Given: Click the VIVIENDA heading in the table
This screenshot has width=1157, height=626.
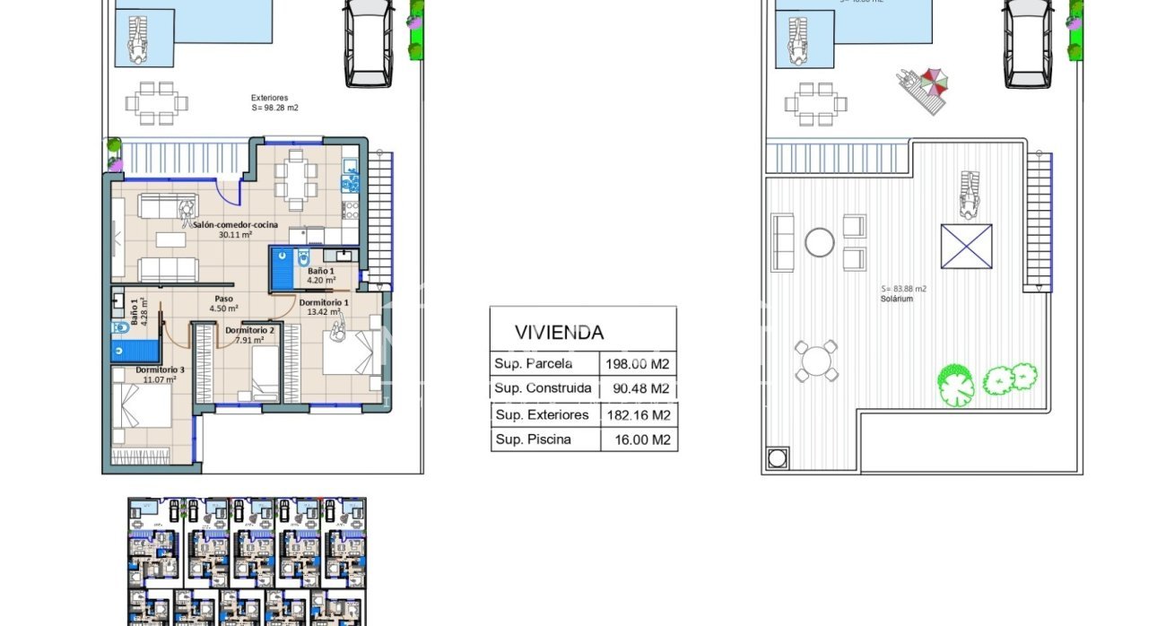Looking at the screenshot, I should point(559,332).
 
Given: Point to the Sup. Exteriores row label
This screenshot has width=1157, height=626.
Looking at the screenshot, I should point(542,415).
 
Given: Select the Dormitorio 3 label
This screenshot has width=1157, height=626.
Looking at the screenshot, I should point(161,370).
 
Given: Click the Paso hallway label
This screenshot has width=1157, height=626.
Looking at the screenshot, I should point(223,300).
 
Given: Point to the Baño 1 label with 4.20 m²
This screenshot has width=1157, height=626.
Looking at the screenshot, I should point(321,271).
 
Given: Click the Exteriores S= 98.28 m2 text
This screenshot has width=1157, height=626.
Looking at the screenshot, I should point(274,102).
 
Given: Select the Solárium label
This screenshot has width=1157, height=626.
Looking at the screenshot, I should point(896,299).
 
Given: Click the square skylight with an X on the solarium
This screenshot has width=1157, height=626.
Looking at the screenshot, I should point(966,246).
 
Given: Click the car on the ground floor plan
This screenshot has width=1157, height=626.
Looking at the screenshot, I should point(370,43).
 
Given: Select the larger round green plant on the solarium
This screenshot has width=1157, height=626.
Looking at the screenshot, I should point(955,384).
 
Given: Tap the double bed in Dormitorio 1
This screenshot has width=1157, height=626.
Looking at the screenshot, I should point(348,353).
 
